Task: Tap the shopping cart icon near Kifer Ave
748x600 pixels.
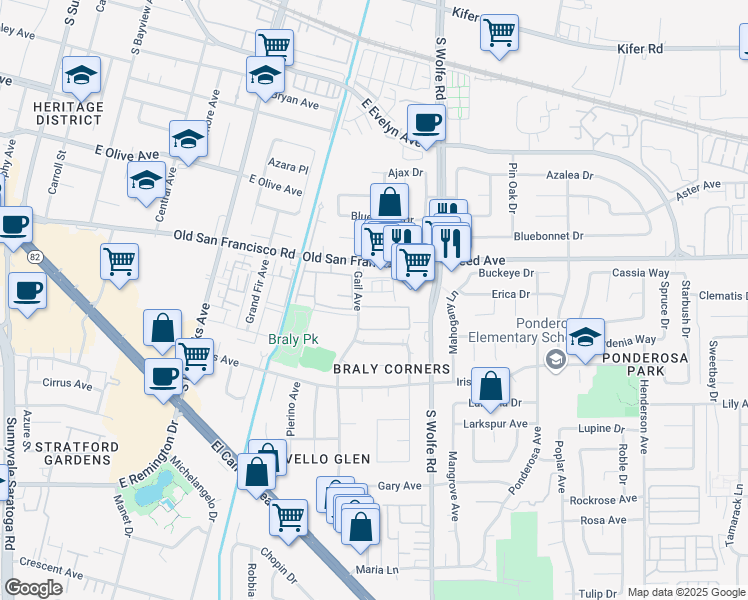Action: click(x=498, y=32)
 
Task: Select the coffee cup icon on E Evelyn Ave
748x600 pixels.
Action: click(x=427, y=123)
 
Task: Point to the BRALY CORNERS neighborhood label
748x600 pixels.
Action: click(x=391, y=369)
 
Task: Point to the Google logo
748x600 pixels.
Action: click(x=33, y=588)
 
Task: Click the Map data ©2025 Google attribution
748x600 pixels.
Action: click(x=686, y=592)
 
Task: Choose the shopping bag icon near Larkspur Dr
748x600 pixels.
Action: click(x=490, y=386)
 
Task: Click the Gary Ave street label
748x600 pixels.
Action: click(x=400, y=485)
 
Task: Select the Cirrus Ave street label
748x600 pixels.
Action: click(x=67, y=383)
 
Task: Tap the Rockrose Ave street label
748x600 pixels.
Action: click(x=609, y=500)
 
